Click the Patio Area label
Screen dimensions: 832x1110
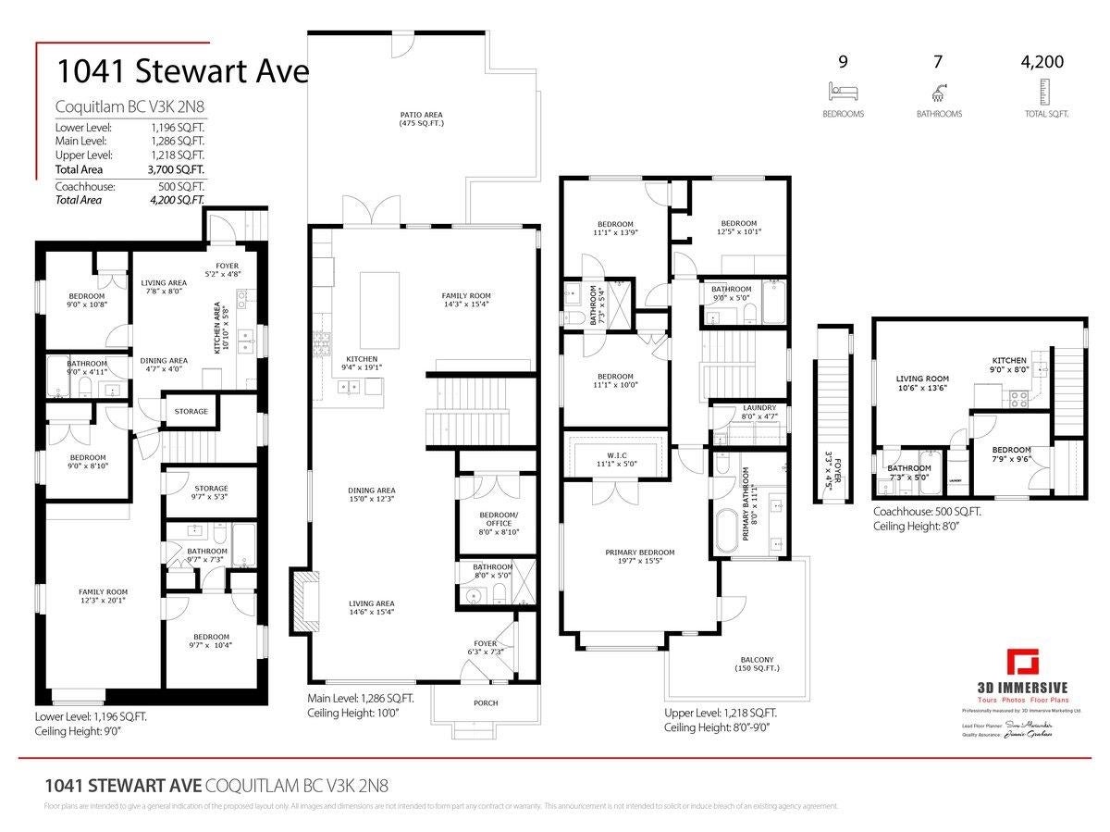point(421,118)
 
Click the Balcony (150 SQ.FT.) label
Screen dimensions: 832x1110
point(755,664)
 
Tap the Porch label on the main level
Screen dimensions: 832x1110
point(485,702)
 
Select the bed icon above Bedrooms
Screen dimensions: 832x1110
point(843,91)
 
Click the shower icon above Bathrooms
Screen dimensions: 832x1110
point(938,91)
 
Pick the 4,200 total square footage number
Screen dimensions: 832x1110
point(1042,63)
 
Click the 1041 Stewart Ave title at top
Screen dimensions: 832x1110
point(181,71)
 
